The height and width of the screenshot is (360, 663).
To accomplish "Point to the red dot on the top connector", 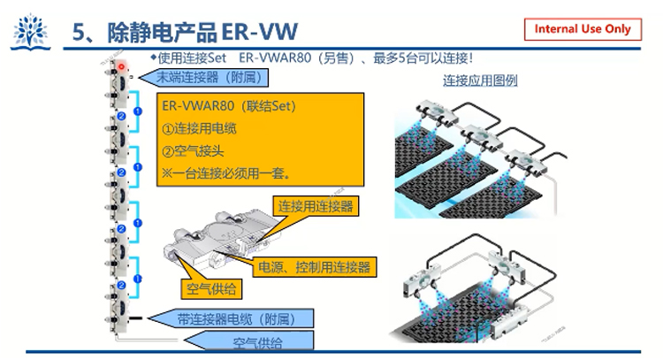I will click(121, 66).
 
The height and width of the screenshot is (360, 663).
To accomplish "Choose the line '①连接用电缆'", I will click(201, 128).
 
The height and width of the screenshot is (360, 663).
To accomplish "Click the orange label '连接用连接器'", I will click(316, 206).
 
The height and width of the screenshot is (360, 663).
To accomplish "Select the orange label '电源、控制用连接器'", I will click(314, 266).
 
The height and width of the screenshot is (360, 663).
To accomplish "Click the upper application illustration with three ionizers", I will click(482, 155).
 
